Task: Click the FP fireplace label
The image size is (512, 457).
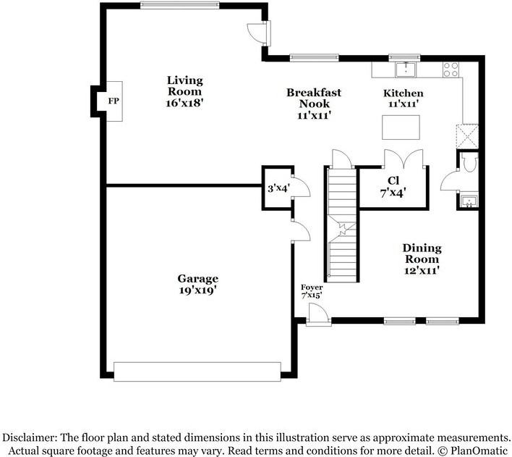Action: tap(114, 101)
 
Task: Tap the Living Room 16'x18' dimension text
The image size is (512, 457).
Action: tap(185, 103)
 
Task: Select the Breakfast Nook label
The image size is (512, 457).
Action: tap(314, 98)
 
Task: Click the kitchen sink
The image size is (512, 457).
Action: tap(406, 69)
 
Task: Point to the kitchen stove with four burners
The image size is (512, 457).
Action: tap(451, 70)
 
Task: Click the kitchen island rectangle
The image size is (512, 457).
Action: tap(401, 127)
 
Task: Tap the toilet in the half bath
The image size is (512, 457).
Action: tap(470, 163)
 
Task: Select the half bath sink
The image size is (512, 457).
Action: tap(469, 201)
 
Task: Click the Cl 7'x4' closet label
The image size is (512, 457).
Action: tap(393, 187)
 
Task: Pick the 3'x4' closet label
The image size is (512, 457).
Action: tap(278, 189)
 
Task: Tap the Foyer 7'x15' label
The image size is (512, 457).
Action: tap(312, 291)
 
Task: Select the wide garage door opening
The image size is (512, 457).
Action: tap(197, 372)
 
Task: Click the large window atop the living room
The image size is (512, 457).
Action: tap(179, 5)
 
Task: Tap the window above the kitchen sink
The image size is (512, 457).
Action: tap(404, 57)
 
